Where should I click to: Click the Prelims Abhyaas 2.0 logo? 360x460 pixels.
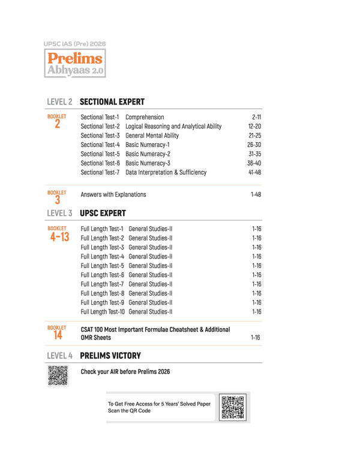point(75,64)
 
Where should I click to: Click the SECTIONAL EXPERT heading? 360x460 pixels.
point(112,102)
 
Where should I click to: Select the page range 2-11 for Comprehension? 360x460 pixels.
point(256,118)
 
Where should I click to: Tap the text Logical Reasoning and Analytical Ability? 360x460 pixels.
point(173,127)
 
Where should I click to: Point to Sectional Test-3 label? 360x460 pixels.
point(100,136)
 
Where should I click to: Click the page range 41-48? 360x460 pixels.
point(254,173)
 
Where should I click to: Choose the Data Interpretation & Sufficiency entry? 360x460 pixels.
point(166,173)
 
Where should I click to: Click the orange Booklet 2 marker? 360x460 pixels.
point(57,122)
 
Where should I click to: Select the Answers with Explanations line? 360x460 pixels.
point(113,195)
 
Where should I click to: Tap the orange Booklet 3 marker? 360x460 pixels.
point(57,197)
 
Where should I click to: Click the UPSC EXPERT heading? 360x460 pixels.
point(103,213)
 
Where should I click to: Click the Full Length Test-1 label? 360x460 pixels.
point(102,229)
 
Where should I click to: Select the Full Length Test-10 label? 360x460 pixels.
point(103,312)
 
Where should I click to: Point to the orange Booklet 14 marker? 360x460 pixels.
point(57,333)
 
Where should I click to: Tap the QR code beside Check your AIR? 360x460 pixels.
point(58,375)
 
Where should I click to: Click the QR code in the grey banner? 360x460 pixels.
point(233,408)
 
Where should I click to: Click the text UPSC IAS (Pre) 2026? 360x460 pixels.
point(74,44)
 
